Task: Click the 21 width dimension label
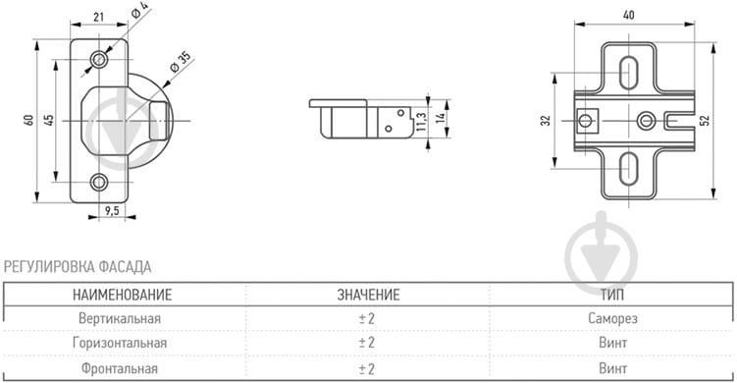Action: pos(98,17)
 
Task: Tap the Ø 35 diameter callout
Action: pos(180,62)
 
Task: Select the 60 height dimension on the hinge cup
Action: pos(29,120)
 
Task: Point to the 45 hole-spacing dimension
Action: pos(49,120)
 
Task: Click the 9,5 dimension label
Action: pos(112,211)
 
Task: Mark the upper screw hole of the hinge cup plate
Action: pos(99,59)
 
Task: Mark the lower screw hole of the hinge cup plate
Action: pos(99,182)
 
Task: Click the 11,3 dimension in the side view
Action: pos(421,122)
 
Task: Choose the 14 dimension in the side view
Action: pos(441,118)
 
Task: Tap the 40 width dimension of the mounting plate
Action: pos(628,15)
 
